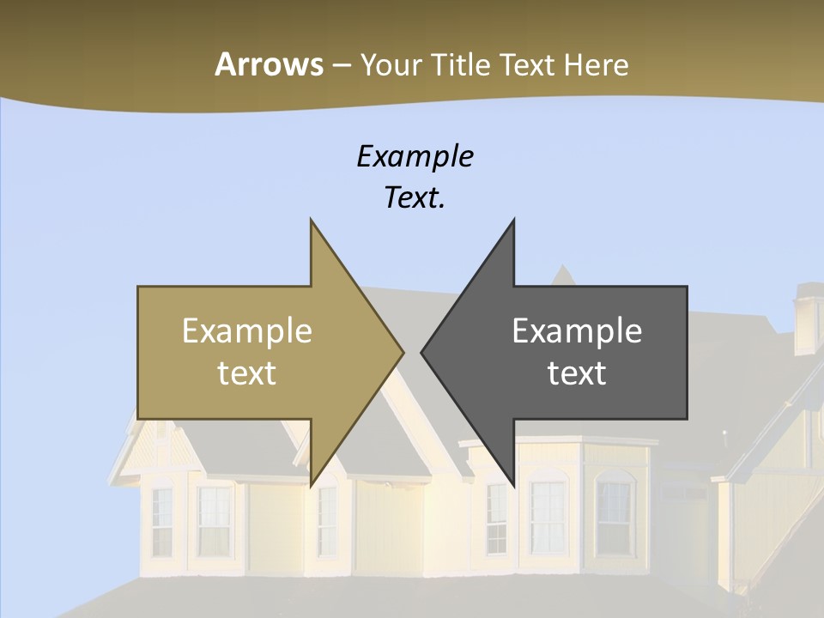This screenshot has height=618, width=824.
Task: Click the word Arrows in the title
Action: point(268,64)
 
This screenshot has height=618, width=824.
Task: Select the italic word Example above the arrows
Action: point(415,156)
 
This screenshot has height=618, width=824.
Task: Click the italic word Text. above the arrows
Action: point(415,198)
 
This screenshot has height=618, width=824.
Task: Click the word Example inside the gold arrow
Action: point(246,330)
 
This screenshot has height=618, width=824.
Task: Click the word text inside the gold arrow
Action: point(246,373)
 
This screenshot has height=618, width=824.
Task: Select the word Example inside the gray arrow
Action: point(577,330)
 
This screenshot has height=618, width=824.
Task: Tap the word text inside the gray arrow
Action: point(577,373)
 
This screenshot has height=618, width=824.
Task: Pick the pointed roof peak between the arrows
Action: point(562,275)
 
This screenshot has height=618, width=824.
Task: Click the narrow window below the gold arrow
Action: point(326,519)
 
